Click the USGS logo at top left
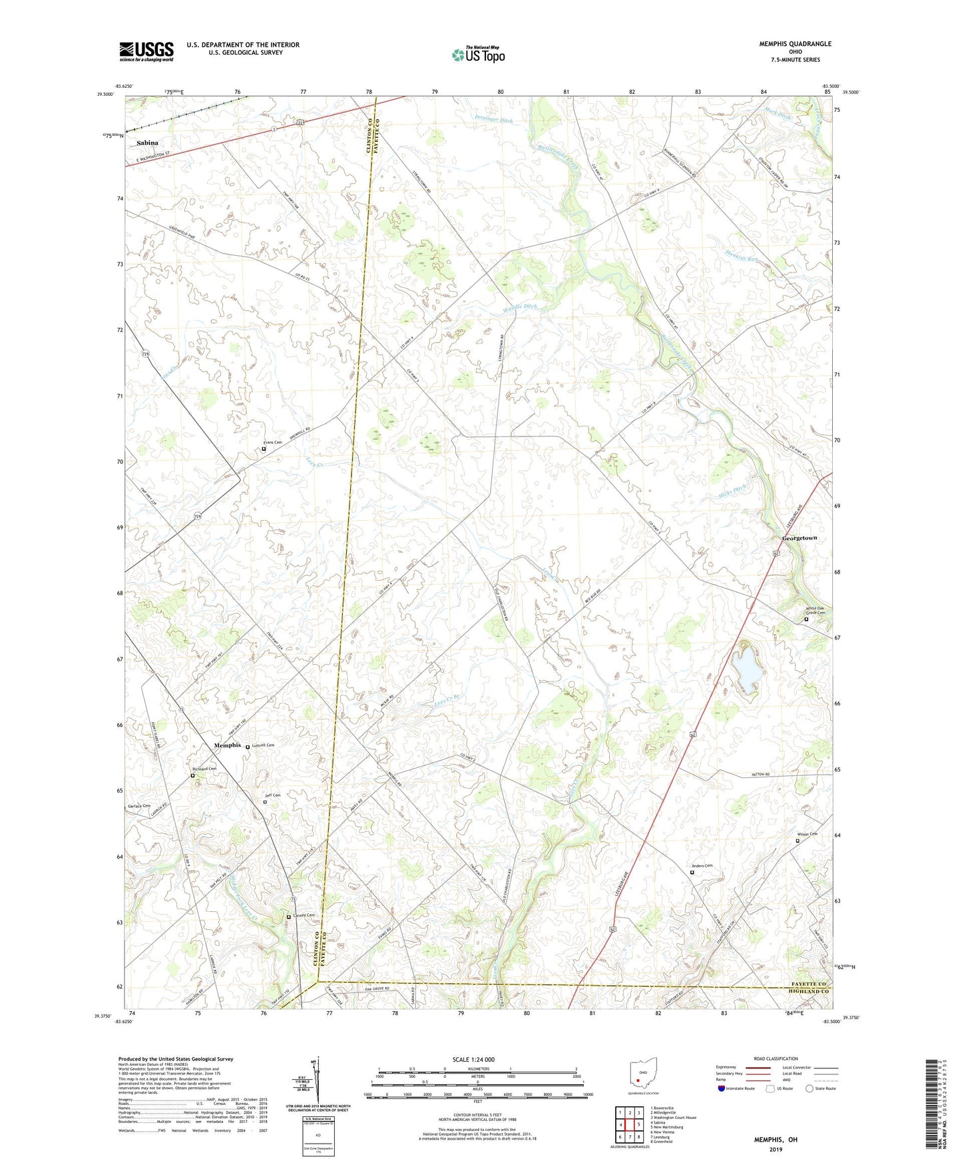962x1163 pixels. click(146, 51)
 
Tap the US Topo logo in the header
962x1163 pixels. click(478, 55)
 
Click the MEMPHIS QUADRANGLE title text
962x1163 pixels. click(795, 44)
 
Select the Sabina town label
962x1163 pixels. click(148, 143)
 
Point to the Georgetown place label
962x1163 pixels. click(799, 538)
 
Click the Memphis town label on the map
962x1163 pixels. click(227, 745)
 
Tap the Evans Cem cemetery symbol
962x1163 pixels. click(264, 449)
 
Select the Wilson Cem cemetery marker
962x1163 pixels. click(798, 841)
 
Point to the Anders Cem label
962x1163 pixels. click(702, 866)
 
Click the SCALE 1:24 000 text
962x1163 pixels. click(473, 1060)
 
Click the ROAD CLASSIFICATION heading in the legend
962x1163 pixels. click(776, 1058)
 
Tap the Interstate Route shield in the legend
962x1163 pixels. click(722, 1088)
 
